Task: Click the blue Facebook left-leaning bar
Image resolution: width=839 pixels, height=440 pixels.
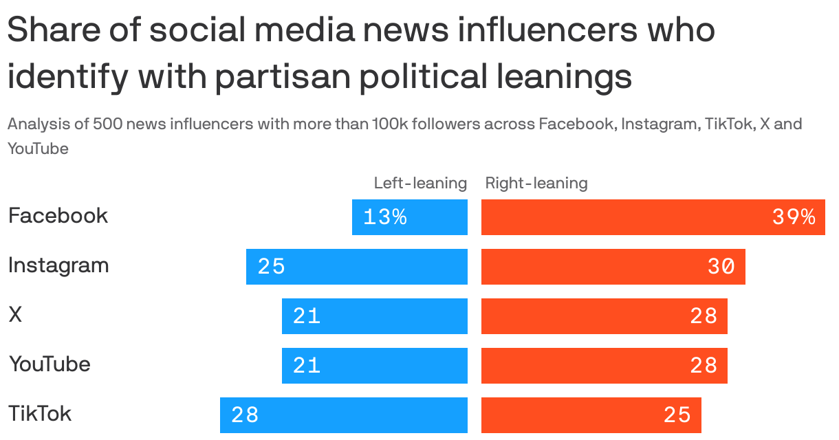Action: pos(410,217)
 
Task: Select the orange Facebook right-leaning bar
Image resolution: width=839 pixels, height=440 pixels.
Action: pos(653,217)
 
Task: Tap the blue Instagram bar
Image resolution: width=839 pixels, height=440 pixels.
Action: pos(357,267)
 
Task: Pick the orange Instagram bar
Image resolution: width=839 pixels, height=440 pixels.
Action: pos(613,267)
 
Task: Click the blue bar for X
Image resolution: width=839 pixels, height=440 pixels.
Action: pos(375,316)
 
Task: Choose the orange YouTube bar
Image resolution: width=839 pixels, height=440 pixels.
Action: pos(604,366)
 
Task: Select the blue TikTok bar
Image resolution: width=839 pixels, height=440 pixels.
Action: pos(344,415)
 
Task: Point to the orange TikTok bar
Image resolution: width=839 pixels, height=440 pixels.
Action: pos(591,415)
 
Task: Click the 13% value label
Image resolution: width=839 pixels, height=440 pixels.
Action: pos(385,217)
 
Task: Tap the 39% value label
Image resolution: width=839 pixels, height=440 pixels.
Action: pos(794,217)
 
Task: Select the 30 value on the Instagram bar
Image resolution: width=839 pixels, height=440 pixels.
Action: pos(721,267)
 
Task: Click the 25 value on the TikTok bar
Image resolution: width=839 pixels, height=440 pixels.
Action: pos(677,415)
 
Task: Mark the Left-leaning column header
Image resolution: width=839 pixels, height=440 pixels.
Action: pos(420,183)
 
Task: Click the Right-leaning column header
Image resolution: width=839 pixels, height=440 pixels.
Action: pos(536,183)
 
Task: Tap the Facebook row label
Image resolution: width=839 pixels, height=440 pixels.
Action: pos(58,216)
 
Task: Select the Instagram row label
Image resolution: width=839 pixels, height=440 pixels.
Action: pos(58,265)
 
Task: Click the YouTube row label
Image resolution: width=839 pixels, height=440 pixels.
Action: pos(49,364)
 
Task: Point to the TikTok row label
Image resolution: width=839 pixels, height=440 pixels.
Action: pos(40,414)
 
